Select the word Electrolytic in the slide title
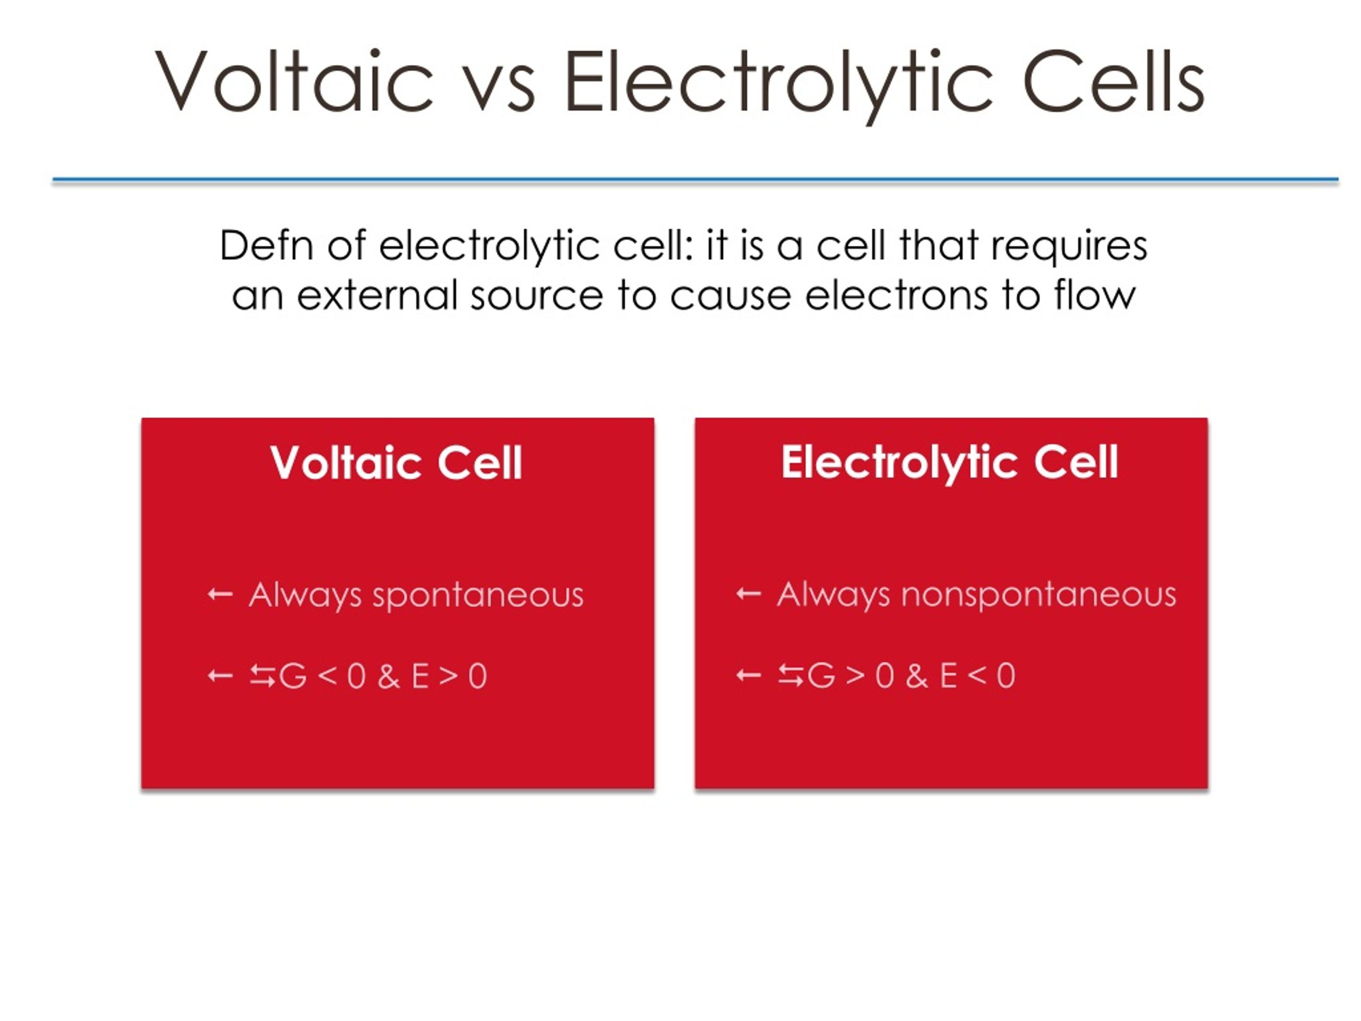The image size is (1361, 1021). [x=779, y=86]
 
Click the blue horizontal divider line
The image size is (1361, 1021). [x=695, y=180]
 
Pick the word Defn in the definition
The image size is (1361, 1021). [x=267, y=246]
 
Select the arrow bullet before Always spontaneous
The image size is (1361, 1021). [x=220, y=595]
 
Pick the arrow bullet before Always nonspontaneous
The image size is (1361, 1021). [x=749, y=595]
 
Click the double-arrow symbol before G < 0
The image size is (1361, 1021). [x=263, y=676]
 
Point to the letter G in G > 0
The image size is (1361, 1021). [x=821, y=676]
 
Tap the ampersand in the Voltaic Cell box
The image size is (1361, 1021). [x=389, y=676]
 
